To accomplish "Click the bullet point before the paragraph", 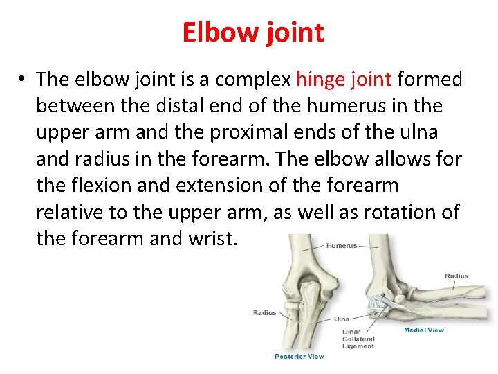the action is (23, 80).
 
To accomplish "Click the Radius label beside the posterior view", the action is (264, 313).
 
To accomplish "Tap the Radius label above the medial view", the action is (456, 276).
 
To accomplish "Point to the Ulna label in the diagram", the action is (342, 319).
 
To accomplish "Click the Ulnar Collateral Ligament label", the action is (358, 339).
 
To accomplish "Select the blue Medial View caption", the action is (424, 330).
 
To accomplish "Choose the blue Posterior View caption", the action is (299, 356).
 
